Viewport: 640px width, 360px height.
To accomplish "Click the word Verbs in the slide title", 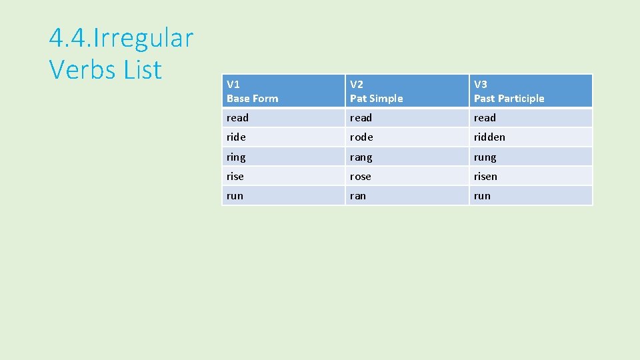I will tap(83, 69).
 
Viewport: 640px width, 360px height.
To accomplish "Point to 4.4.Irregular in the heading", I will tap(121, 38).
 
